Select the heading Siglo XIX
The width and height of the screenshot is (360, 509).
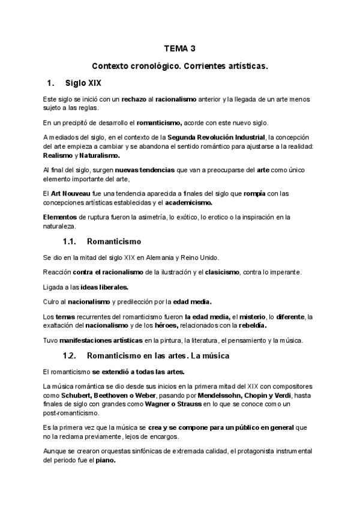pos(87,82)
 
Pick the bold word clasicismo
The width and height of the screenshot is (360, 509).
pos(219,273)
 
